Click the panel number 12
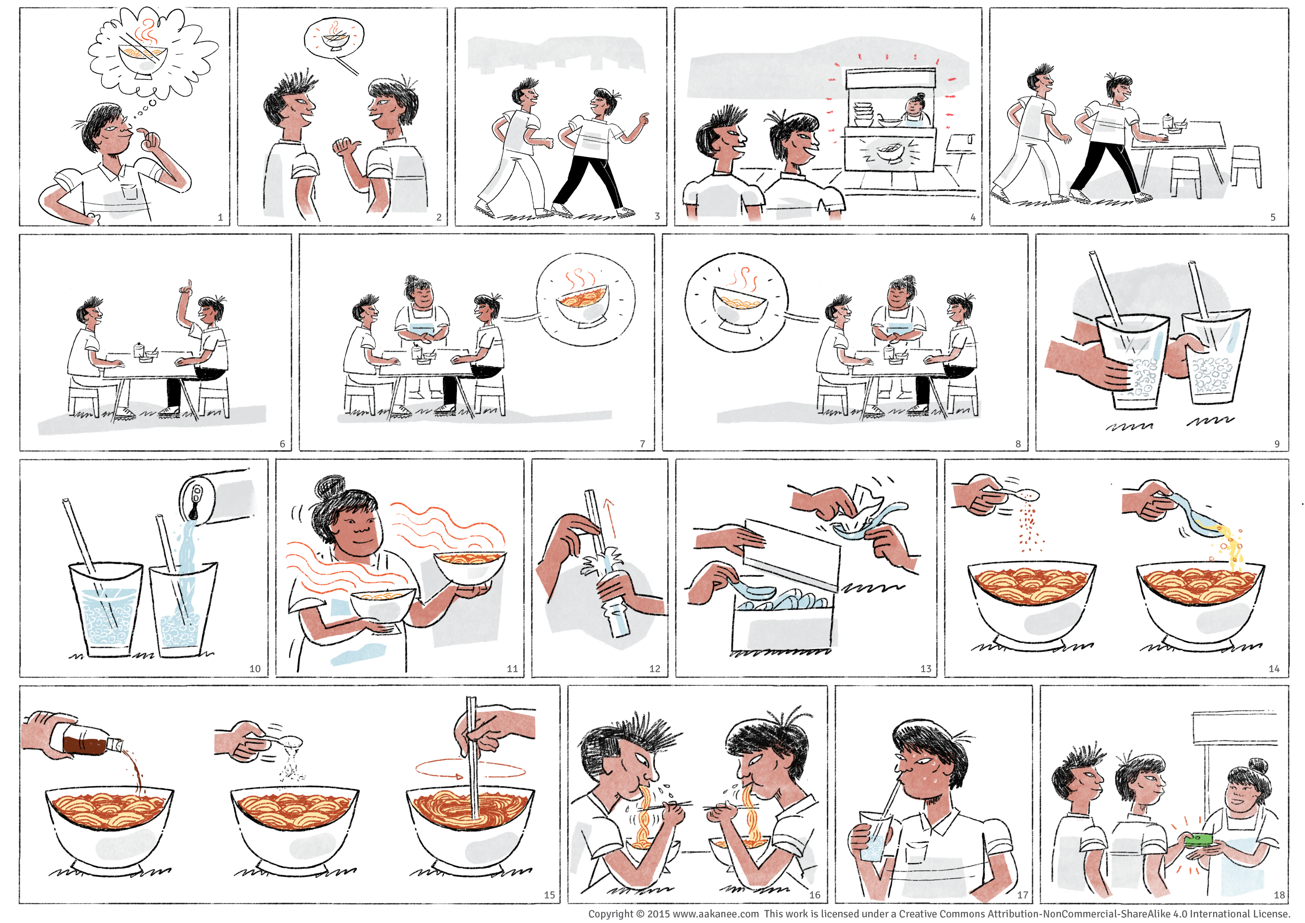pyautogui.click(x=655, y=669)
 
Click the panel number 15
pyautogui.click(x=549, y=895)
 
